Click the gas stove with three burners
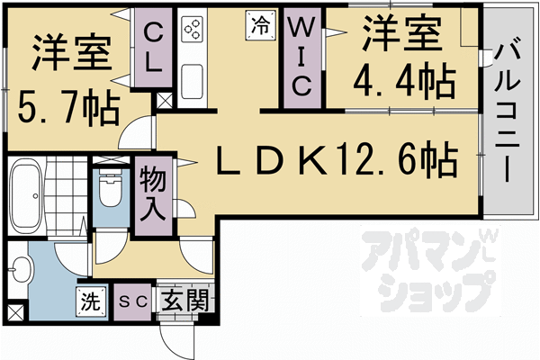(x=193, y=31)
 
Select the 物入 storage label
(x=152, y=194)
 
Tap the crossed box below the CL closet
(x=164, y=101)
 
